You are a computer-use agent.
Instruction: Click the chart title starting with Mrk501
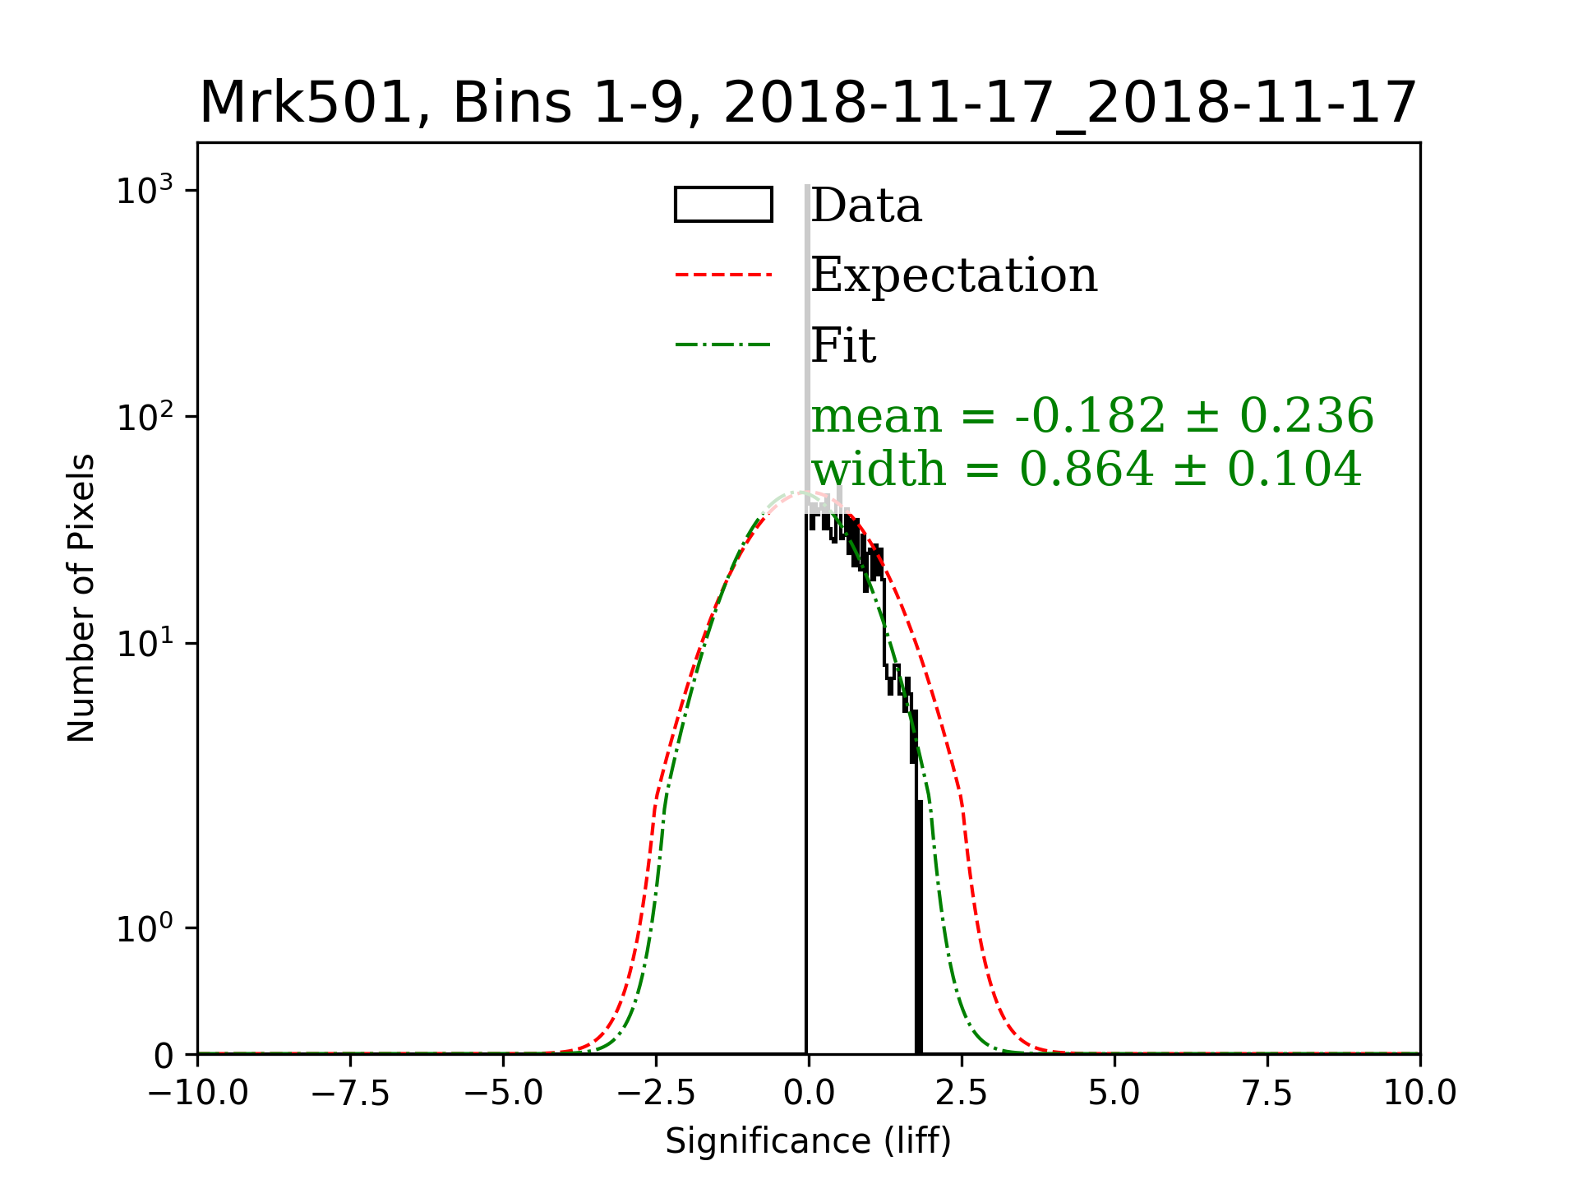click(x=808, y=104)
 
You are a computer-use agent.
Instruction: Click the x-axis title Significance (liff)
click(x=808, y=1141)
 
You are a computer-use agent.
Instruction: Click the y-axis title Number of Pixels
click(x=81, y=598)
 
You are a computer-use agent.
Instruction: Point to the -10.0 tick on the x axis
click(x=198, y=1093)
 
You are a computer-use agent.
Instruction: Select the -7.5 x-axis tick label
click(x=351, y=1093)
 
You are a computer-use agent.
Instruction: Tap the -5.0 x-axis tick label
click(x=503, y=1093)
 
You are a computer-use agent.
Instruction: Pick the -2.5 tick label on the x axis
click(x=656, y=1093)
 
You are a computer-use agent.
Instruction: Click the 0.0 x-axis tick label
click(x=809, y=1093)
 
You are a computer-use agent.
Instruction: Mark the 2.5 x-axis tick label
click(x=962, y=1093)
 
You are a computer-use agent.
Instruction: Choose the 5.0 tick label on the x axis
click(x=1114, y=1093)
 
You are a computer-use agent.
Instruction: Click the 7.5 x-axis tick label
click(x=1267, y=1093)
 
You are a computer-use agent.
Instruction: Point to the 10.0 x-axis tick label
click(x=1419, y=1093)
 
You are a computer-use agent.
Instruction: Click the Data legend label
click(x=866, y=206)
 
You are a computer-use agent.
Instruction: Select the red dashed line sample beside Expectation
click(x=723, y=275)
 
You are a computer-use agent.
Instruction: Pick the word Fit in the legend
click(x=843, y=345)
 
